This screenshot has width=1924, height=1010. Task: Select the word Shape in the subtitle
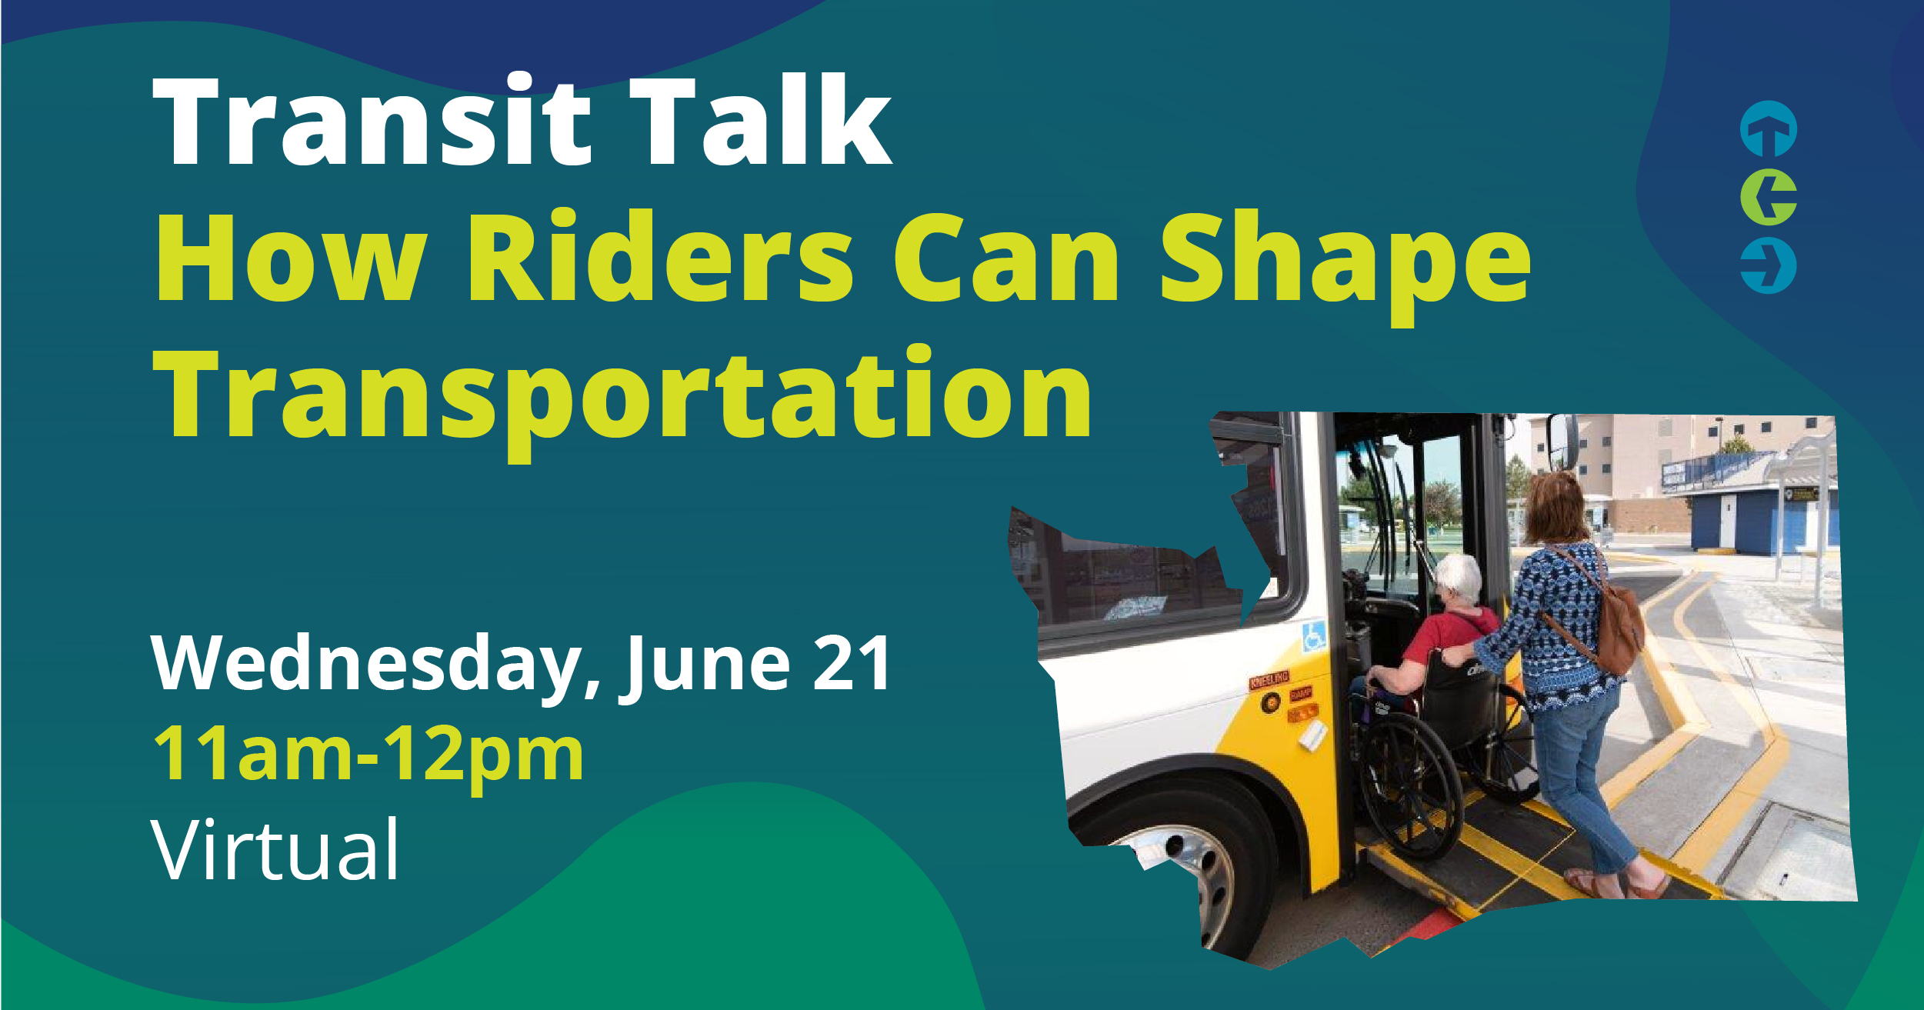tap(1345, 262)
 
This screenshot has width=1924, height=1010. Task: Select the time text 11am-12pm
tap(369, 755)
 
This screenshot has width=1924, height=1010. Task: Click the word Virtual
tap(275, 851)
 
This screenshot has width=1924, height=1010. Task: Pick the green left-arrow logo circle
tap(1769, 197)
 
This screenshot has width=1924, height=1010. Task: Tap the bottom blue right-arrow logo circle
tap(1769, 266)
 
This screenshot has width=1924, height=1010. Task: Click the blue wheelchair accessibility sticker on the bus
tap(1312, 636)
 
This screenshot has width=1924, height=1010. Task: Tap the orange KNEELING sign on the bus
tap(1269, 680)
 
